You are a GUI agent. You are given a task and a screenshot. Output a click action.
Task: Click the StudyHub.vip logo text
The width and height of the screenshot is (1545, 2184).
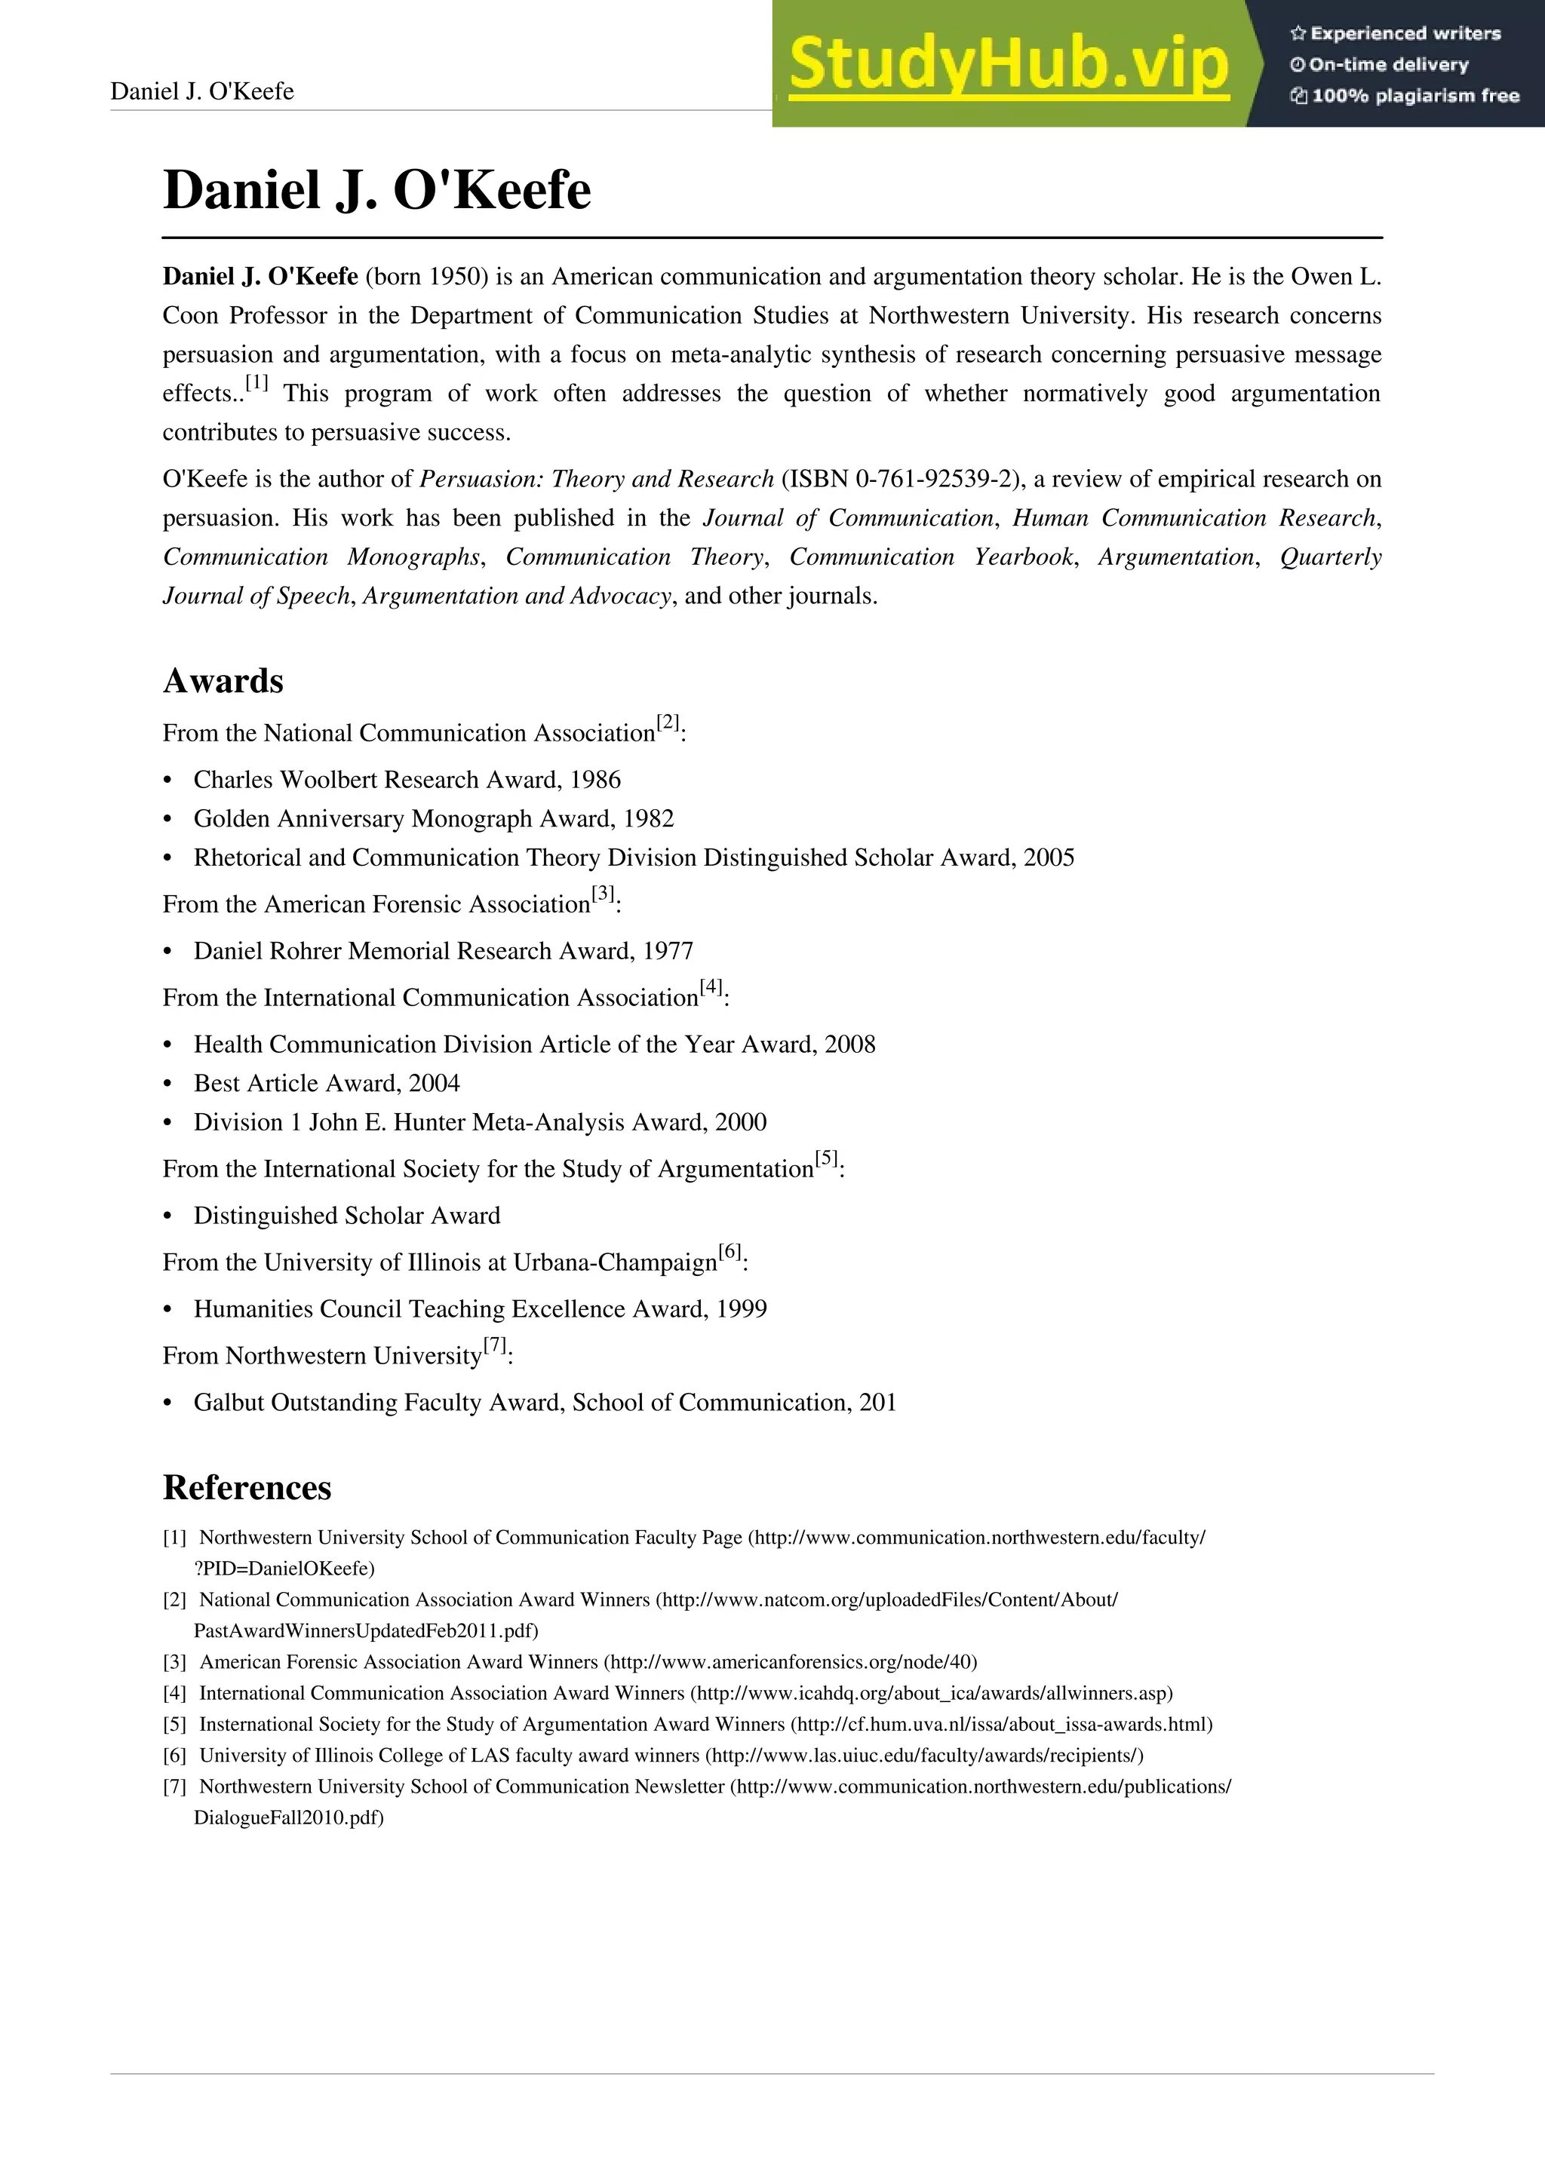tap(1009, 65)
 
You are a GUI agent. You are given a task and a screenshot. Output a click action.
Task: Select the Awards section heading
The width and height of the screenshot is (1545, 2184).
tap(223, 681)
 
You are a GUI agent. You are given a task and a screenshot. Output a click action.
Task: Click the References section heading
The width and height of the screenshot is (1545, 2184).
tap(247, 1486)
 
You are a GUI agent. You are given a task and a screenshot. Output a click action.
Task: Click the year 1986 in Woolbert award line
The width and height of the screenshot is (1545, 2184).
tap(594, 780)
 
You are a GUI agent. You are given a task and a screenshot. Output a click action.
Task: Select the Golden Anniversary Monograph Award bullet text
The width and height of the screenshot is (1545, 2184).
tap(433, 819)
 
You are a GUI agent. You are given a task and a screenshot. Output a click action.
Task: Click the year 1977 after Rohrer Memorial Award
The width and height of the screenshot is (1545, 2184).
tap(667, 951)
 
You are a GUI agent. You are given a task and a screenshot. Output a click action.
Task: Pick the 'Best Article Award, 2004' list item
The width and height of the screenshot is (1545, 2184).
tap(327, 1084)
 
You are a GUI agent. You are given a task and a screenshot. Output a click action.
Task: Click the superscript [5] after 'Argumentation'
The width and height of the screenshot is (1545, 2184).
tap(826, 1158)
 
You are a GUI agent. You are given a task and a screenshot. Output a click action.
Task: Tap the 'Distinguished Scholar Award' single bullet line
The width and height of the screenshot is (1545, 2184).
tap(346, 1216)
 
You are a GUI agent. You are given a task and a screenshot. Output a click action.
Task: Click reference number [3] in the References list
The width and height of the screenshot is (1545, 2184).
tap(174, 1662)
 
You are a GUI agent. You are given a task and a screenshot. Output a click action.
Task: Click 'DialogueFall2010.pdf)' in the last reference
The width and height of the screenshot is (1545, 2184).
tap(288, 1817)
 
